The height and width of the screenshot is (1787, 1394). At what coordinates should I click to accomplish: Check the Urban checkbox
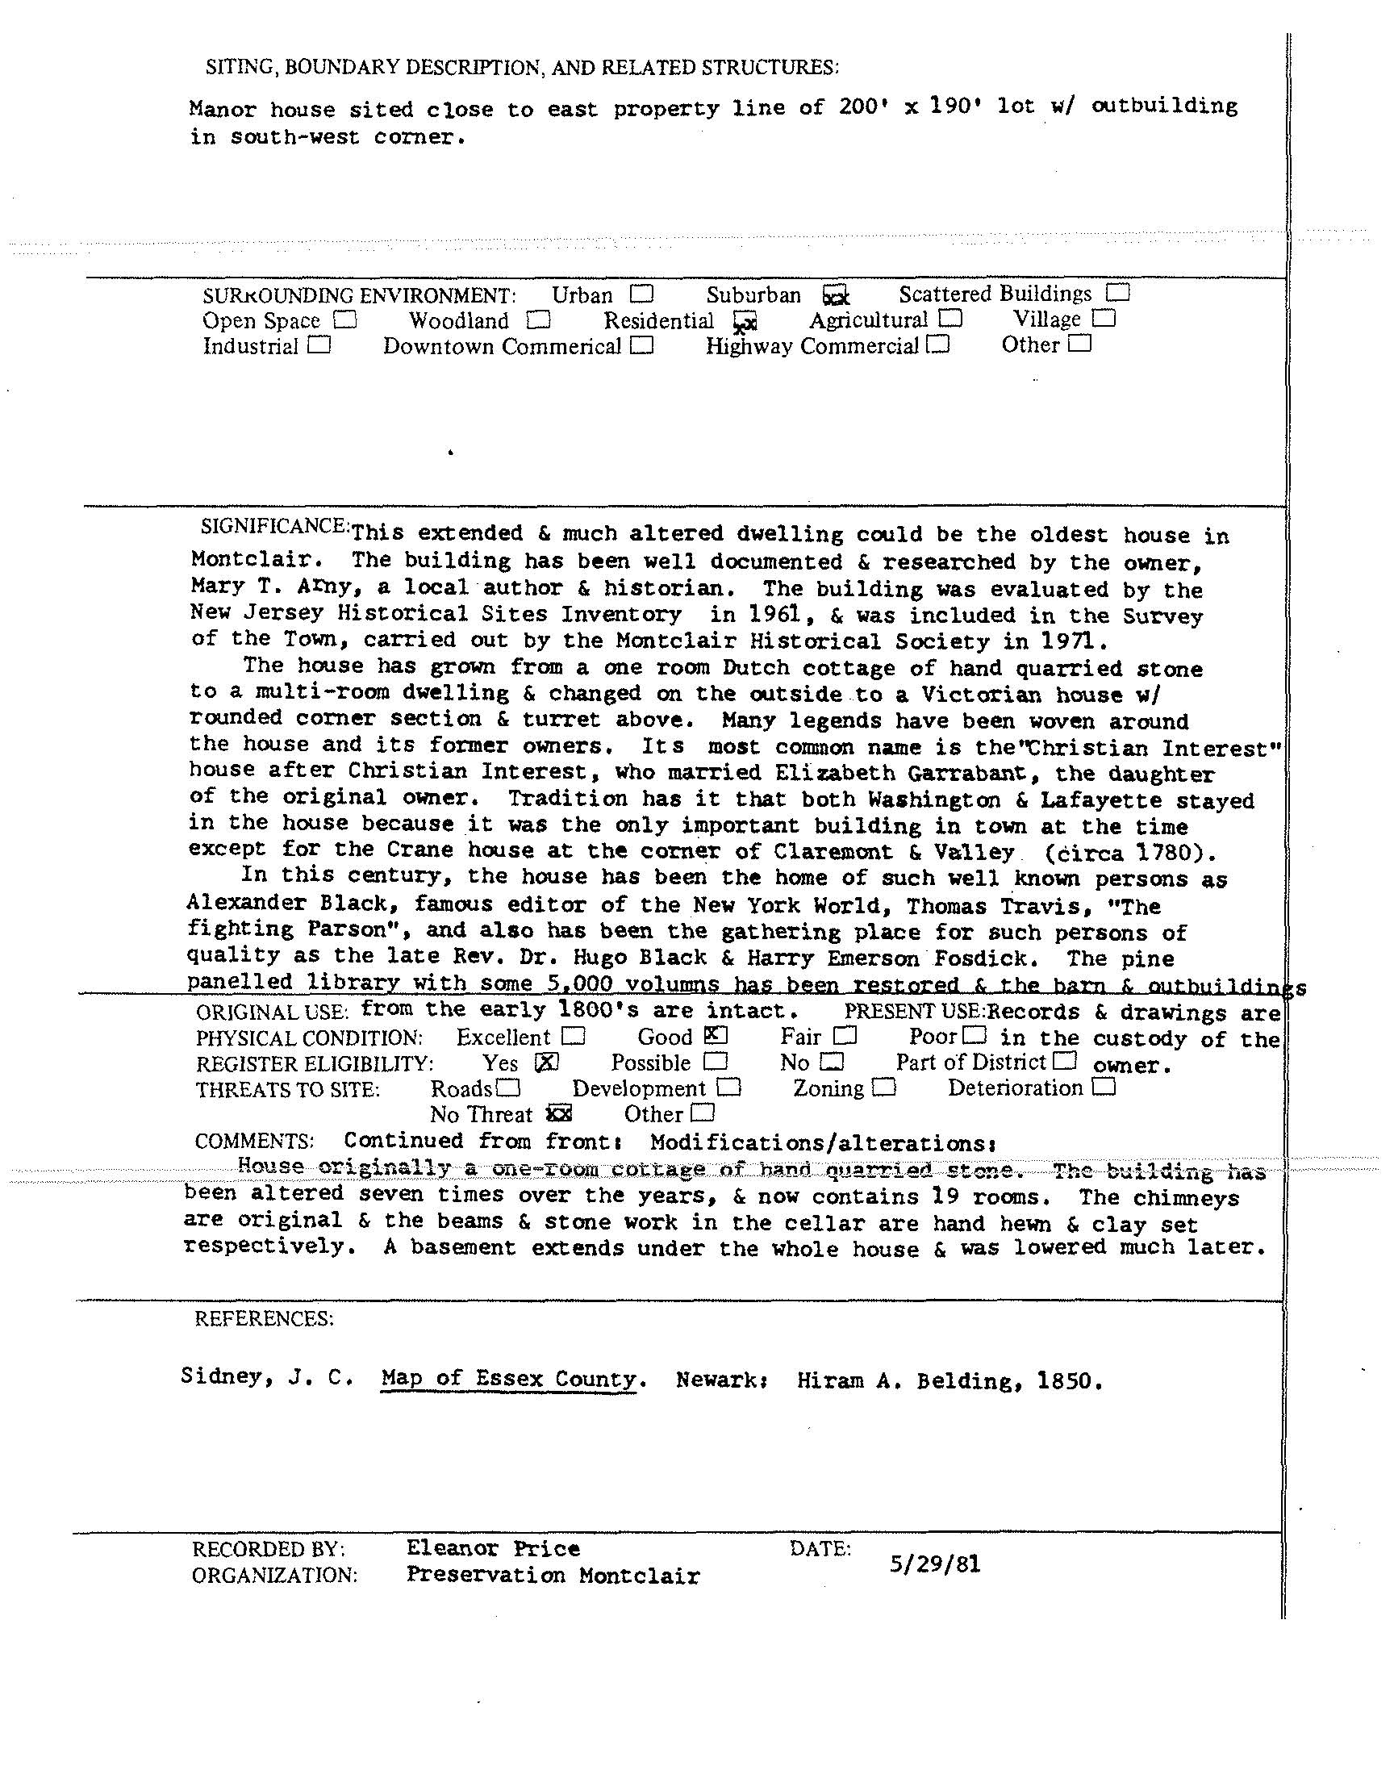[x=642, y=293]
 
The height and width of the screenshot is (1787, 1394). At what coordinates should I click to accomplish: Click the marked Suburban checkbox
[x=835, y=294]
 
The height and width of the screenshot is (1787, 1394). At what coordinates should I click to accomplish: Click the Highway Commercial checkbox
[x=938, y=344]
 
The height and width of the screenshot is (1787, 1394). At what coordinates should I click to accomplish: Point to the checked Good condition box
[x=715, y=1035]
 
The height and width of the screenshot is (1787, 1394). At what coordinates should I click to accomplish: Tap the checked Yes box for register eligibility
[x=546, y=1061]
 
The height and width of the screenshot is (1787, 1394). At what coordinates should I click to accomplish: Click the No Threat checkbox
[x=560, y=1113]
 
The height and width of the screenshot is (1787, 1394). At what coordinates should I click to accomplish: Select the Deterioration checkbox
[x=1104, y=1087]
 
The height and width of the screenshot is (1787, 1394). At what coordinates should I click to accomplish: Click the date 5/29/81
[x=934, y=1564]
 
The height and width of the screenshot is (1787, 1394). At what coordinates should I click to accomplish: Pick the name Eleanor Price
[x=493, y=1547]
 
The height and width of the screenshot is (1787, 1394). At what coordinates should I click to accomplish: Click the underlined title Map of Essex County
[x=509, y=1378]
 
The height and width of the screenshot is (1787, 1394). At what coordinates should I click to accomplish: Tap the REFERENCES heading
[x=264, y=1318]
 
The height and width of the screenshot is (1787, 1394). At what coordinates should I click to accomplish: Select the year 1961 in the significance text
[x=766, y=615]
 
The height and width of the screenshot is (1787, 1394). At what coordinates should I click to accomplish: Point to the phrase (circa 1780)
[x=1129, y=853]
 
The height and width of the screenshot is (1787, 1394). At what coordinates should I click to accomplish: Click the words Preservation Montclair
[x=553, y=1575]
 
